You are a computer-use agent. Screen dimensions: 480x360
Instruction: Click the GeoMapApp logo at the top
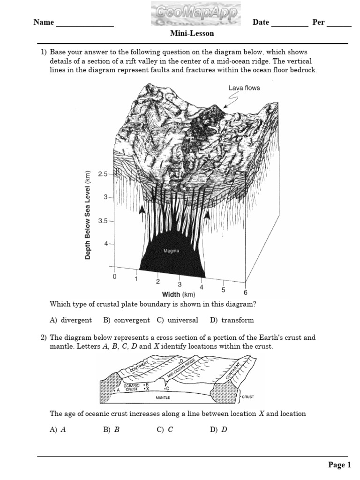[x=195, y=15]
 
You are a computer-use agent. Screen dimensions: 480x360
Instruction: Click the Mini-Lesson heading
[x=192, y=33]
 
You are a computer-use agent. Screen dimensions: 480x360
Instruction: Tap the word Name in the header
[x=44, y=22]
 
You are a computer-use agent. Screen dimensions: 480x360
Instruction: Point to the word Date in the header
[x=261, y=22]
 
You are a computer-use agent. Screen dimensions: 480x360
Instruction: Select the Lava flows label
[x=244, y=88]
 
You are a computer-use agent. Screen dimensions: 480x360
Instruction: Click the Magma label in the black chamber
[x=171, y=251]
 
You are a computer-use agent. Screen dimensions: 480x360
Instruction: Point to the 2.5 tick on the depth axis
[x=103, y=174]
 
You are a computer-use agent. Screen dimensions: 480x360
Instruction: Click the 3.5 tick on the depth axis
[x=103, y=220]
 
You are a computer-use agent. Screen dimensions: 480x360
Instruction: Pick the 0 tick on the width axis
[x=114, y=277]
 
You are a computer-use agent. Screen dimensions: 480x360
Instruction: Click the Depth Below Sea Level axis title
[x=88, y=215]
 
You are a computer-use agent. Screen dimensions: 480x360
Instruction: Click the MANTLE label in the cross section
[x=163, y=397]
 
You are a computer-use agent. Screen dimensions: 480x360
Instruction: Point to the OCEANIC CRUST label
[x=131, y=387]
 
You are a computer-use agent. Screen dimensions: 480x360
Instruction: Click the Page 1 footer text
[x=339, y=465]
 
